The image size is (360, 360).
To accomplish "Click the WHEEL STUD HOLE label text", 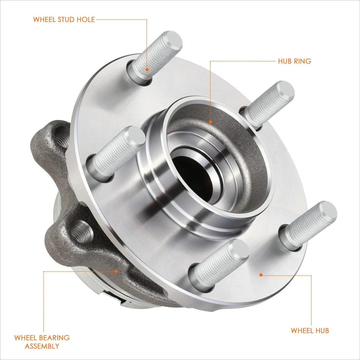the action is pyautogui.click(x=64, y=19).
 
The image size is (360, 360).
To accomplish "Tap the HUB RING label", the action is pyautogui.click(x=294, y=61).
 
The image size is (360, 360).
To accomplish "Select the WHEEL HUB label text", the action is pyautogui.click(x=310, y=331).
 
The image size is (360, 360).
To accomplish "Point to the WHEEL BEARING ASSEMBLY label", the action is pyautogui.click(x=42, y=342).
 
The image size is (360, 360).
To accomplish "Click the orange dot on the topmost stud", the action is pyautogui.click(x=147, y=70).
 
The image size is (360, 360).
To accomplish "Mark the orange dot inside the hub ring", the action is pyautogui.click(x=211, y=122).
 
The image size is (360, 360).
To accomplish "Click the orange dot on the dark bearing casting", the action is pyautogui.click(x=116, y=271).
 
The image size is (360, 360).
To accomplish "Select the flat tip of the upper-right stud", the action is pyautogui.click(x=285, y=91).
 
